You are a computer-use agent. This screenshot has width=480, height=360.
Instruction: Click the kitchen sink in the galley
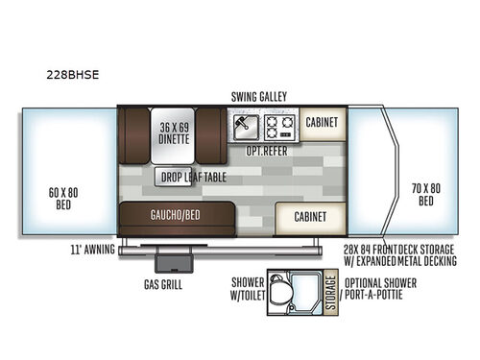pos(244,125)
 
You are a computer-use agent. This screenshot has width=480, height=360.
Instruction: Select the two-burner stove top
pos(279,125)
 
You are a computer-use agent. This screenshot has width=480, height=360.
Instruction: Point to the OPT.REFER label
pos(268,152)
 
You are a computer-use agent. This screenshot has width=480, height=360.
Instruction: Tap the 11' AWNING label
pos(93,249)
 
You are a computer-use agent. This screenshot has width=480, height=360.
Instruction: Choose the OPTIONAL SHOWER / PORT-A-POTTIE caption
pos(380,289)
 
